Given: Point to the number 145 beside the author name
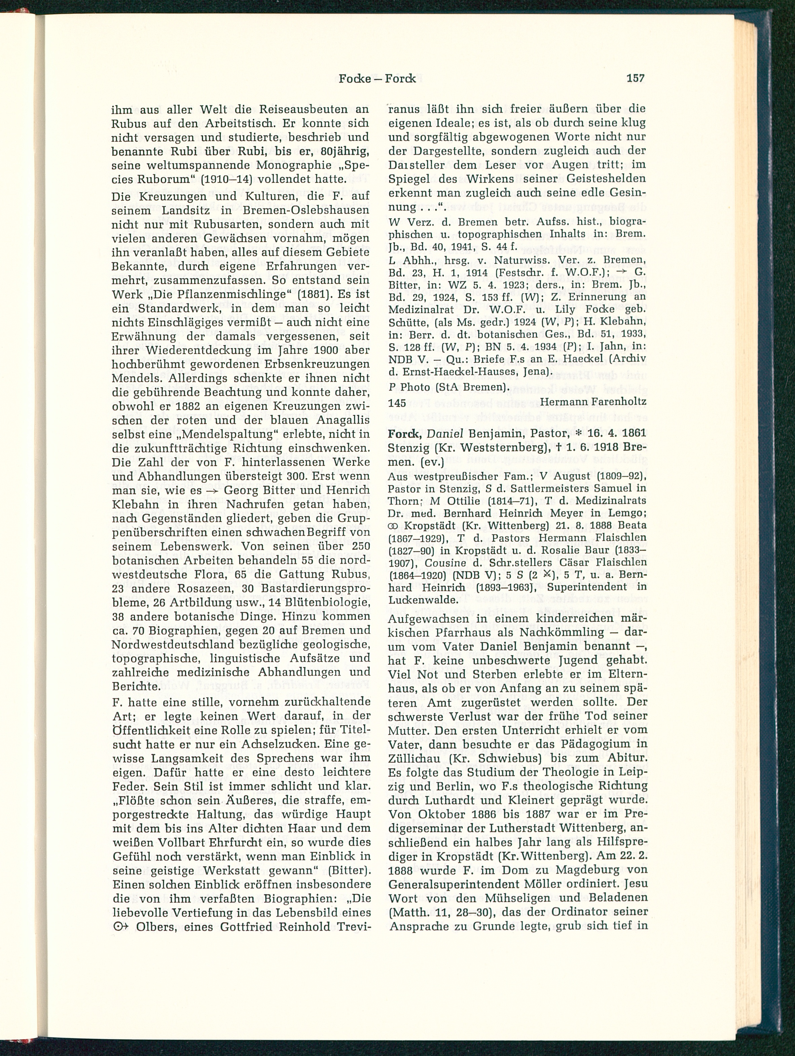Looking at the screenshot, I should pyautogui.click(x=397, y=402).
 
